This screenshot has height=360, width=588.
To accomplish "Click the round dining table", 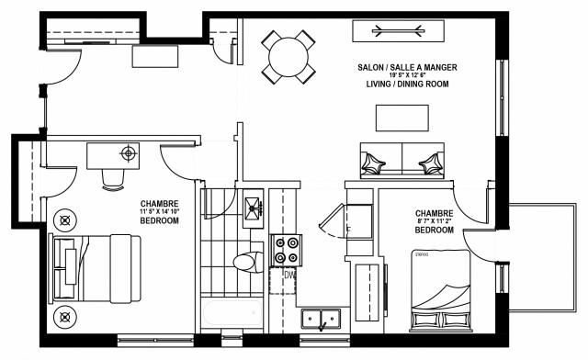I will pos(288,57).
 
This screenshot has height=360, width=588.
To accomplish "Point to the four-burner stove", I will pos(286,249).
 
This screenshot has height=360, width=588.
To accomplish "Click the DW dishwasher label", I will pos(289,274).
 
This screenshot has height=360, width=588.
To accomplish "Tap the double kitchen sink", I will pos(322,320).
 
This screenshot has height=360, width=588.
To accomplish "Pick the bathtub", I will pos(231,315).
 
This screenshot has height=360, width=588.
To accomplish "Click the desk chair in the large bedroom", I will pos(113,177).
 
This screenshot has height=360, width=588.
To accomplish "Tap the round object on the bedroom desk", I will pos(128,152).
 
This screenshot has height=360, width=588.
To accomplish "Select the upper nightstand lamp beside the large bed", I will pos(65,220).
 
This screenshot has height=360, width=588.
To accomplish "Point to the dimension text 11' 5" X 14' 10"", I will pos(159,212).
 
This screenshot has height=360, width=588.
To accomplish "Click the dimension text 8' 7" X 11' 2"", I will pos(435,220).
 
